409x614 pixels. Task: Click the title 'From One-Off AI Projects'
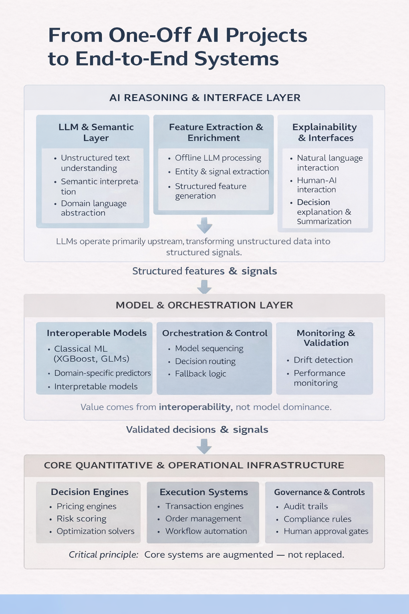coord(177,35)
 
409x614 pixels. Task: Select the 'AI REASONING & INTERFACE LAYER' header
coord(204,98)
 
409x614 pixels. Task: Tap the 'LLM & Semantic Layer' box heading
coord(96,132)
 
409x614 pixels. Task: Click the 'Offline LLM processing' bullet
coord(218,158)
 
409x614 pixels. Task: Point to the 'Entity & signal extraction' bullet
coord(222,171)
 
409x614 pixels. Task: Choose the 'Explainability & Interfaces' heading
coord(325,132)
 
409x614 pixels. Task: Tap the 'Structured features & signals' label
coord(204,271)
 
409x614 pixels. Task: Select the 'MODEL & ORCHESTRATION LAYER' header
coord(204,305)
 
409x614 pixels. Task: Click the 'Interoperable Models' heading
coord(97,333)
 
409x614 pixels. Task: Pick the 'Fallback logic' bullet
coord(201,374)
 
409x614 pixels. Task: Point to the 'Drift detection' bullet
coord(323,360)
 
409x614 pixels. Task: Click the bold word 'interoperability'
coord(195,407)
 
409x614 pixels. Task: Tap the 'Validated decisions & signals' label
coord(197,430)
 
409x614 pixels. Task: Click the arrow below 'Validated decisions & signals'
coord(204,446)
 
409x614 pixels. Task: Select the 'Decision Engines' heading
coord(89,492)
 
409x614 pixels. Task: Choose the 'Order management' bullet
coord(203,519)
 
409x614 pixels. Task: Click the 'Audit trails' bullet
coord(306,506)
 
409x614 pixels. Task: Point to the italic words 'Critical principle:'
coord(103,555)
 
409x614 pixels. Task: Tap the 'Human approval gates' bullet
coord(326,531)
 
